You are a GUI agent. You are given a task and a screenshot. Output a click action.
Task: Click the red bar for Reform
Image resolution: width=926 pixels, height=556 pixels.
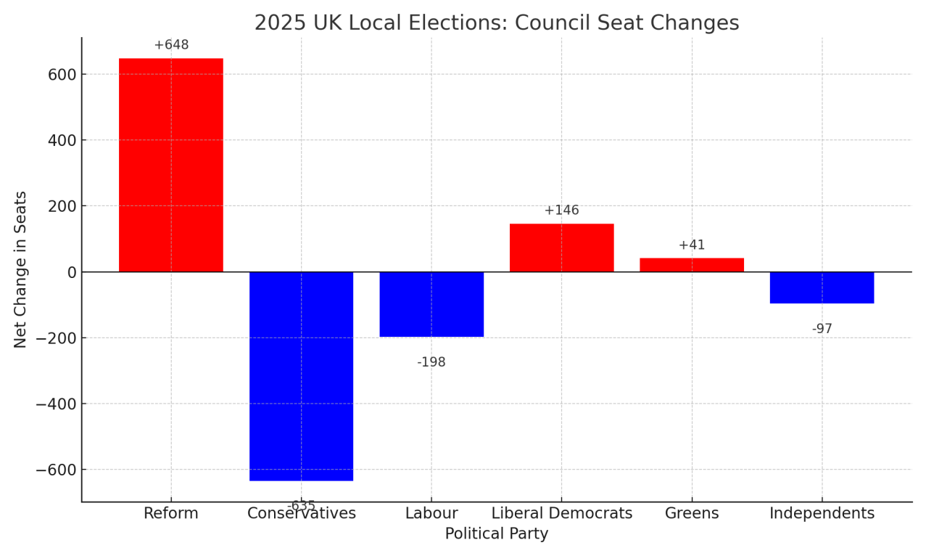click(170, 165)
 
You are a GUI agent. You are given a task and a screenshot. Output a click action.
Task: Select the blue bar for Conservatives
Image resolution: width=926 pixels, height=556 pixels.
click(301, 376)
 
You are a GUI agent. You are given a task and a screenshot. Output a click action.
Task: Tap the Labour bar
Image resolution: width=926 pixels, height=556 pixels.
click(431, 304)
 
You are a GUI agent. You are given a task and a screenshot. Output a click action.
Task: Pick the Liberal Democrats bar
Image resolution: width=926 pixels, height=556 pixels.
click(561, 248)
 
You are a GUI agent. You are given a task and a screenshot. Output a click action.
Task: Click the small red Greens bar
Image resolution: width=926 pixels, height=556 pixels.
click(692, 265)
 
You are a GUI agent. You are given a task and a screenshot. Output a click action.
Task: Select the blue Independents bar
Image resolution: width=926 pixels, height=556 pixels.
click(822, 287)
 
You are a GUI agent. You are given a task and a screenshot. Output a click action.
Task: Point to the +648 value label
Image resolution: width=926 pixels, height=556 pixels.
click(171, 45)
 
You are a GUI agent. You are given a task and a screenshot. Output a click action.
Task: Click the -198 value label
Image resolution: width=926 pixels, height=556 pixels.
click(431, 362)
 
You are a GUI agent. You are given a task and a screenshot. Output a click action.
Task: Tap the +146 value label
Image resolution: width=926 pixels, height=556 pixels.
click(561, 210)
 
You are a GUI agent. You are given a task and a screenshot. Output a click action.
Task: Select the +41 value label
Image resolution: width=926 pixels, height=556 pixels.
click(692, 245)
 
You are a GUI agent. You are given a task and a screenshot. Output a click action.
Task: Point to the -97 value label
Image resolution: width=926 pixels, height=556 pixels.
click(822, 329)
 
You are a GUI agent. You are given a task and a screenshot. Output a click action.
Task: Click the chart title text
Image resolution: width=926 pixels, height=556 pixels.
click(496, 23)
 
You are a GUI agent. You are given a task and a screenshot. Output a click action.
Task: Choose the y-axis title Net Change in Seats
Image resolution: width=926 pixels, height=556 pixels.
click(21, 269)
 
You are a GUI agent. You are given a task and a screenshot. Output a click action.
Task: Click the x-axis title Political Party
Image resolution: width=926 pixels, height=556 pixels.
click(496, 534)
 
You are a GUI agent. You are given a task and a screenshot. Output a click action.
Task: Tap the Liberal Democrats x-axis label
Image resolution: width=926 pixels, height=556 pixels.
click(561, 514)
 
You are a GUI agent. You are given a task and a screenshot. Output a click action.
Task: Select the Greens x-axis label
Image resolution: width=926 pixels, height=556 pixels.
click(692, 514)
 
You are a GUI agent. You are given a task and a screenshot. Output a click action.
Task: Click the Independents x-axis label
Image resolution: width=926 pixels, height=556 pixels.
click(822, 514)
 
